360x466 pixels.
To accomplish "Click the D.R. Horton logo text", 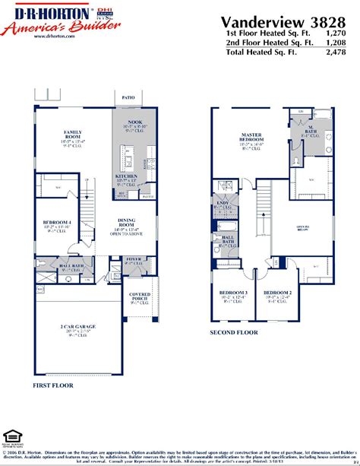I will coord(49,14).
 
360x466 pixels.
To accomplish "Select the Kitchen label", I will coord(125,176).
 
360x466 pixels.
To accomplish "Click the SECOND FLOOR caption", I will coord(232,332).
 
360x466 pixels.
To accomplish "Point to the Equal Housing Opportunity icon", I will coord(11,438).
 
